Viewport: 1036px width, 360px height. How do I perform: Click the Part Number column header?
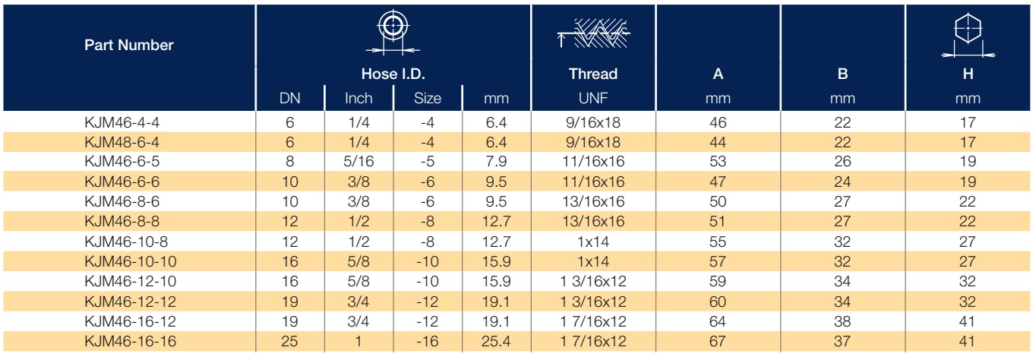pyautogui.click(x=129, y=45)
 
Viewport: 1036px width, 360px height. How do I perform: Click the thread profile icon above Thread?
pyautogui.click(x=593, y=33)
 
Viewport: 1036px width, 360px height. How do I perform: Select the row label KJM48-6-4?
pyautogui.click(x=122, y=142)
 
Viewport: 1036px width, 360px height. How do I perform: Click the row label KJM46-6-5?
pyautogui.click(x=122, y=162)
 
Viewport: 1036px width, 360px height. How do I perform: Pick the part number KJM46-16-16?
pyautogui.click(x=131, y=342)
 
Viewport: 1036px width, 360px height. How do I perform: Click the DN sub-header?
pyautogui.click(x=290, y=98)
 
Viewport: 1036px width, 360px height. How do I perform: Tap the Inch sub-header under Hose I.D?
pyautogui.click(x=358, y=98)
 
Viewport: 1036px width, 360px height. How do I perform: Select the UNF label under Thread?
pyautogui.click(x=593, y=98)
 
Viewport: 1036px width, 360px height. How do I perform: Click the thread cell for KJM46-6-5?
pyautogui.click(x=593, y=162)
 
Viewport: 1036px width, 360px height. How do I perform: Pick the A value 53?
pyautogui.click(x=718, y=162)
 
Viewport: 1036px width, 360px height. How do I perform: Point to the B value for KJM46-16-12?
pyautogui.click(x=842, y=321)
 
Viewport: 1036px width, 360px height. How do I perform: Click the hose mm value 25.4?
pyautogui.click(x=496, y=342)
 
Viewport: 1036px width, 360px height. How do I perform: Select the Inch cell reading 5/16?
pyautogui.click(x=358, y=162)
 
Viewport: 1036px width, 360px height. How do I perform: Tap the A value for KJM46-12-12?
pyautogui.click(x=718, y=302)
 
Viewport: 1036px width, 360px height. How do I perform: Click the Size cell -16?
pyautogui.click(x=428, y=342)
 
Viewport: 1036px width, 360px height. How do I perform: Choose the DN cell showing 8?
pyautogui.click(x=290, y=162)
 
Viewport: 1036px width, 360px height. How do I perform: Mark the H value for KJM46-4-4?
pyautogui.click(x=968, y=122)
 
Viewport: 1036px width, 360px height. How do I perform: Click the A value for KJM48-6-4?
pyautogui.click(x=718, y=142)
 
